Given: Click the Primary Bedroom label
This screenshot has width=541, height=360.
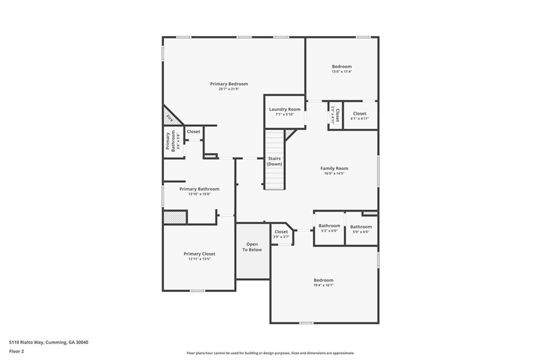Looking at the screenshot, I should click(x=229, y=84).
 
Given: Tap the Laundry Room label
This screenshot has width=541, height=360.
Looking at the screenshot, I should click(x=284, y=109).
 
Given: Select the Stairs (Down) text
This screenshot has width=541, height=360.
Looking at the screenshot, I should click(x=274, y=161).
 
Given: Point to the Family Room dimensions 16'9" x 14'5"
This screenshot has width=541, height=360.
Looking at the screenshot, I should click(x=334, y=173).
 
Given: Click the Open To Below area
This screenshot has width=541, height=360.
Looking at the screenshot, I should click(x=253, y=247).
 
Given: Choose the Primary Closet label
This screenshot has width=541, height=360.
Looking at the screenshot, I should click(x=199, y=254).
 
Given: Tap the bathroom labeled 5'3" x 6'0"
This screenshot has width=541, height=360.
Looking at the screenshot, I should click(x=329, y=228).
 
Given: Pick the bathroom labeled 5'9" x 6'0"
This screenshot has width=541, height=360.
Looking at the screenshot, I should click(x=361, y=229).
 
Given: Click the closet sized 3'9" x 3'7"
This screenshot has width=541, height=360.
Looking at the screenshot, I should click(x=281, y=234).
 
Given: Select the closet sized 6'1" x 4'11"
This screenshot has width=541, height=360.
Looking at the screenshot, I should click(x=360, y=116).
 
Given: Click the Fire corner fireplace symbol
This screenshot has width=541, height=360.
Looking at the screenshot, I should click(x=170, y=118).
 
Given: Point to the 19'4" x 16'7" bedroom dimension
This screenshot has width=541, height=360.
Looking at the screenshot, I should click(x=323, y=285).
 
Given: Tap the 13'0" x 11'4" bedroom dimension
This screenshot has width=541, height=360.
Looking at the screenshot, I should click(x=341, y=71).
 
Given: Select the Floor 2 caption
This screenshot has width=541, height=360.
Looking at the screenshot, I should click(x=16, y=351).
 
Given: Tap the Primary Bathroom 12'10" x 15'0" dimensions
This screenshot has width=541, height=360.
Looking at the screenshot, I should click(x=199, y=194).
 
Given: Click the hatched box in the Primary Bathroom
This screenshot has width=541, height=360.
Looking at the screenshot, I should click(x=175, y=217).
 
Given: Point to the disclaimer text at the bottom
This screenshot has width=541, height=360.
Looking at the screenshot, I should click(x=270, y=353).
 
